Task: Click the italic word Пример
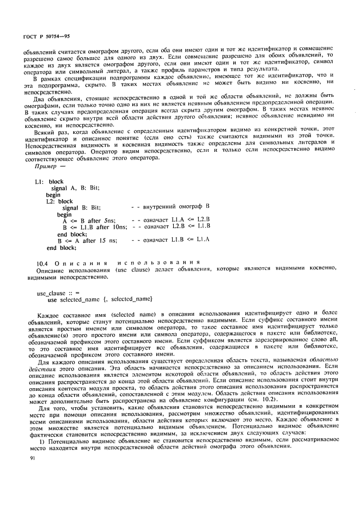point(47,173)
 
